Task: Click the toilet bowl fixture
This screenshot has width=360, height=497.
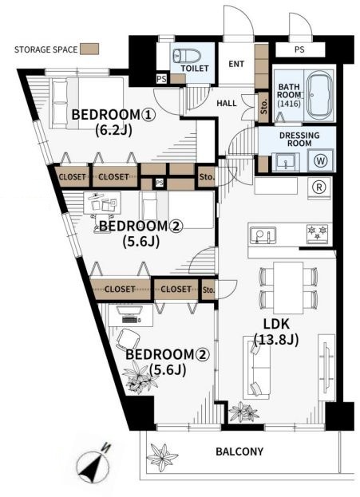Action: point(187,56)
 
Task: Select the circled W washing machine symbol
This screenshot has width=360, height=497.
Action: point(320,160)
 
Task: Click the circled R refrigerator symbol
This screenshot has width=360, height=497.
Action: point(319,187)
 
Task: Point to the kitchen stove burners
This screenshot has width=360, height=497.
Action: point(318,233)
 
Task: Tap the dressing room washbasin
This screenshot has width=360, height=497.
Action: point(286,162)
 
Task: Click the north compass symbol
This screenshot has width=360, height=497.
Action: point(94,464)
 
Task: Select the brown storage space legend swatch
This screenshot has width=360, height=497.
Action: point(89,49)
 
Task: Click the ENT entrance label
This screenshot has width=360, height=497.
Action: point(236,64)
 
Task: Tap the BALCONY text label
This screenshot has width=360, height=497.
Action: point(239,451)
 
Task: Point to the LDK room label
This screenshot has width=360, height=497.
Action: point(276,324)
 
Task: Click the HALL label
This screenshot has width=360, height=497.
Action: point(227,103)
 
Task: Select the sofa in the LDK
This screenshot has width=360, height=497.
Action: point(256,368)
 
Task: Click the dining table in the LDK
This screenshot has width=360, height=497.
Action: point(288,288)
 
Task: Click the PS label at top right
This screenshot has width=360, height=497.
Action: point(299,49)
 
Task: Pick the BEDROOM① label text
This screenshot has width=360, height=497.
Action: point(113,115)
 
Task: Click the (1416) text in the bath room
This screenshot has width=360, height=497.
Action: point(289,104)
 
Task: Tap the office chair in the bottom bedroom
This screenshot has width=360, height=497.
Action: point(129,340)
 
